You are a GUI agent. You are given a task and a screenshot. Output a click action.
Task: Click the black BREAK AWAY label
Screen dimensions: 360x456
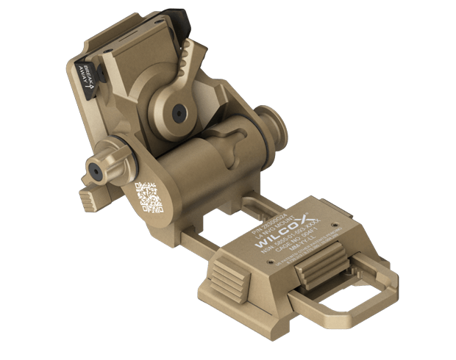[86, 79]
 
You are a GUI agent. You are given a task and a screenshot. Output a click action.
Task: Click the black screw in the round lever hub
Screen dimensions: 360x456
[178, 112]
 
